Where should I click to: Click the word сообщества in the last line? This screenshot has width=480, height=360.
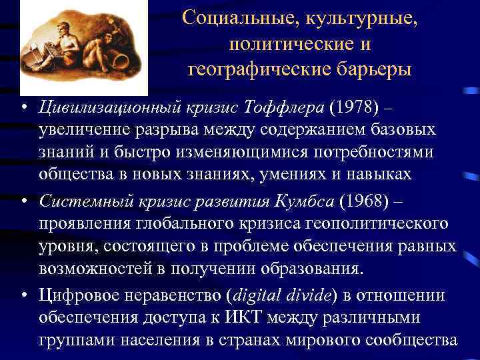tap(413, 340)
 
